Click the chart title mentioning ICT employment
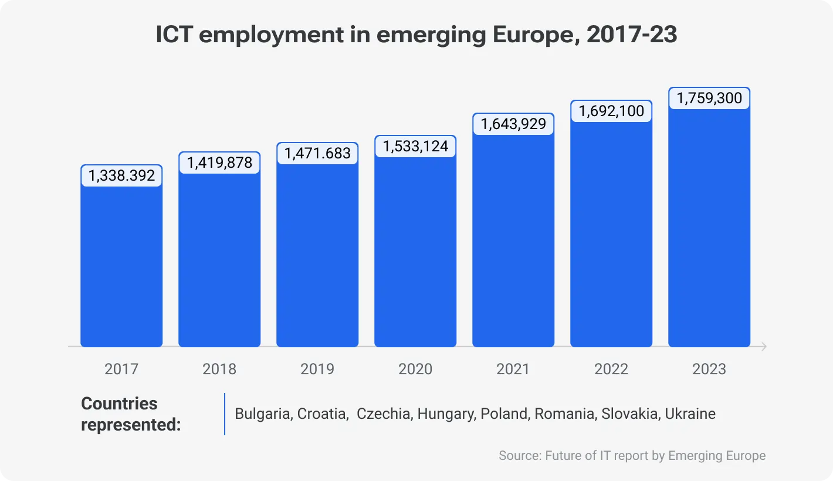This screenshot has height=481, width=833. click(416, 35)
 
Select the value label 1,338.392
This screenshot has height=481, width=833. click(121, 175)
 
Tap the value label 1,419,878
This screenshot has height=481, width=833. click(219, 162)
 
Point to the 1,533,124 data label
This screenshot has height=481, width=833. click(415, 146)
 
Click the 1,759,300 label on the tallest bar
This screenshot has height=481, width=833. click(709, 98)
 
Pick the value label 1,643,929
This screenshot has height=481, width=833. click(513, 124)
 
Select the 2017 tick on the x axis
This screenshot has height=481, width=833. click(121, 369)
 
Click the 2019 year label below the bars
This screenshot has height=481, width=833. click(317, 369)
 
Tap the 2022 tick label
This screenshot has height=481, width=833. click(611, 369)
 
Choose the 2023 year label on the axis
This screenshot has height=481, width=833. click(709, 369)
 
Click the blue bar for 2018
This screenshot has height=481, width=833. click(219, 258)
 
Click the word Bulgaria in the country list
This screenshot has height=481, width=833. click(263, 414)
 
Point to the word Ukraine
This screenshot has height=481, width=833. click(690, 414)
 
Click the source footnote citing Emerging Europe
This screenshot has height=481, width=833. click(632, 456)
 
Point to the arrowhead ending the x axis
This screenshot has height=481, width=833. click(763, 347)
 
